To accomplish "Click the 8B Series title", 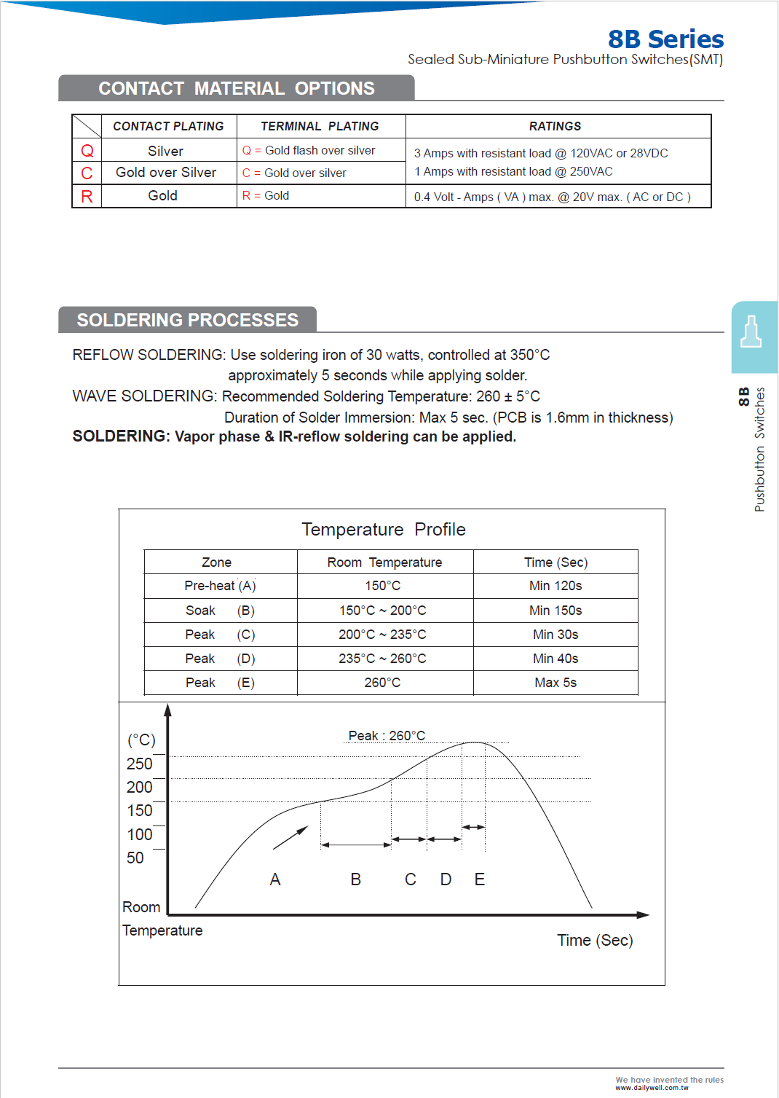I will tap(665, 39).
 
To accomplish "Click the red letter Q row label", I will tap(87, 151).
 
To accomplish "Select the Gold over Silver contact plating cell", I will tap(166, 173).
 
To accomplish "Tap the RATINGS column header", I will tap(555, 126).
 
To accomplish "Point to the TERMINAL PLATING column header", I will tap(320, 126).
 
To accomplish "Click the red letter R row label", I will tap(87, 197).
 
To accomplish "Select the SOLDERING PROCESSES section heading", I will tap(188, 320).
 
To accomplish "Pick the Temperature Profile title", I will tap(384, 530).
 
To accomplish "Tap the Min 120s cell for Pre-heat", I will tap(555, 586).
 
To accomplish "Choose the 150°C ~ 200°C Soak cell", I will tap(382, 611).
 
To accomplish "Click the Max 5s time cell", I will tap(555, 683).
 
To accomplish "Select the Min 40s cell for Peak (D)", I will tap(555, 659).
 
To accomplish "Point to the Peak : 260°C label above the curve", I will tap(387, 736).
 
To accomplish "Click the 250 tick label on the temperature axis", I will tap(139, 764).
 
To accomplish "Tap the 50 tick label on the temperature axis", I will tap(135, 858).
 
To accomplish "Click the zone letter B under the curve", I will tap(356, 879).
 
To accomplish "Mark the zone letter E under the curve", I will tap(480, 879).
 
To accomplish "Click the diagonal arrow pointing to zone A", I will tap(291, 838).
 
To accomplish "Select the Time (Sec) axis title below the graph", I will tap(595, 941).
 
